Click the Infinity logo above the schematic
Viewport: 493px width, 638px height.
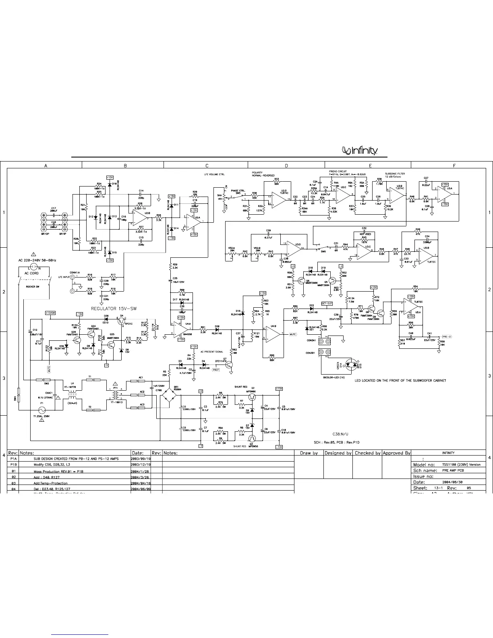coord(360,151)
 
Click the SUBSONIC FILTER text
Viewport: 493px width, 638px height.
coord(395,174)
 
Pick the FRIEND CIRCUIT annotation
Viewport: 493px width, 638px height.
coord(338,172)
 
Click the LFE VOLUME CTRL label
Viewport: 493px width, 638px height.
coord(214,174)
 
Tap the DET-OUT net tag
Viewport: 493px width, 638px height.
coord(327,303)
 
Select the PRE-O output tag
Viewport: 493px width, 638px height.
coord(447,336)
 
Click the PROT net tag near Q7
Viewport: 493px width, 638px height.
coord(215,370)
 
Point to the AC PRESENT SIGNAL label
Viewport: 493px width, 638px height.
coord(212,352)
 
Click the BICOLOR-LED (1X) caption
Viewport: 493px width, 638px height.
coord(334,378)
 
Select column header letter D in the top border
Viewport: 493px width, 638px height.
coord(286,165)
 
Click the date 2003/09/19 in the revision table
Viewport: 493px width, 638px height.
coord(141,459)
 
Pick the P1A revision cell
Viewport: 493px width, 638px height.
coord(13,459)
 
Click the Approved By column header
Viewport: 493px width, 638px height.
coord(397,453)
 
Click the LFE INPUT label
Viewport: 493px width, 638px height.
coord(64,277)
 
